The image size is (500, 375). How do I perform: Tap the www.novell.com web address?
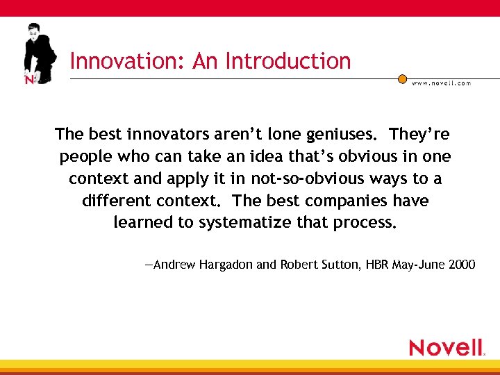point(441,83)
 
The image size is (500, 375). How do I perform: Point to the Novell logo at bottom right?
point(446,347)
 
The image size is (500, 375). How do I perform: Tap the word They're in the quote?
point(419,134)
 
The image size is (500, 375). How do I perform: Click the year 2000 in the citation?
point(460,265)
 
